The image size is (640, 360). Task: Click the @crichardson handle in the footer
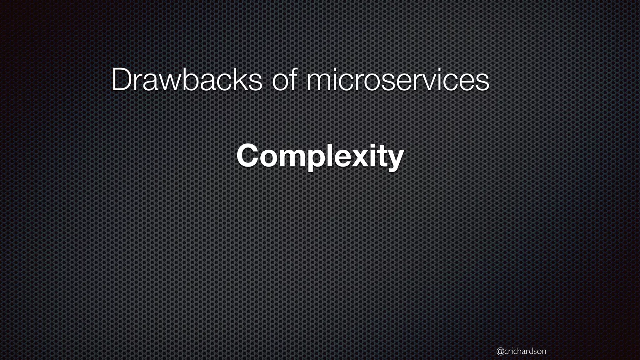(x=521, y=351)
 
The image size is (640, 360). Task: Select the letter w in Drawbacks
(x=166, y=83)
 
